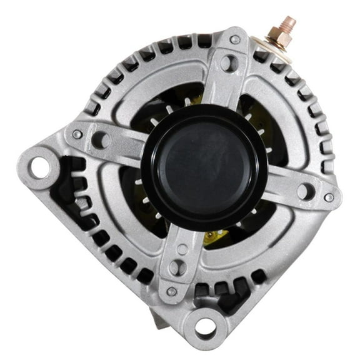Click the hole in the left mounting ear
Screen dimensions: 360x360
click(41, 166)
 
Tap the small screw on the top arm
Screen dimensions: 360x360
click(235, 39)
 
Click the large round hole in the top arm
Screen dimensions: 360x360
click(229, 62)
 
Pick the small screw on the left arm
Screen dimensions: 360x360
click(77, 134)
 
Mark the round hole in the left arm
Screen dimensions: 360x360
click(100, 139)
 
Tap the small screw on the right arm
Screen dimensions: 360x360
click(329, 197)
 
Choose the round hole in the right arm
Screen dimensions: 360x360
click(305, 191)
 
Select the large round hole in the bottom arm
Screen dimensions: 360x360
click(177, 267)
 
